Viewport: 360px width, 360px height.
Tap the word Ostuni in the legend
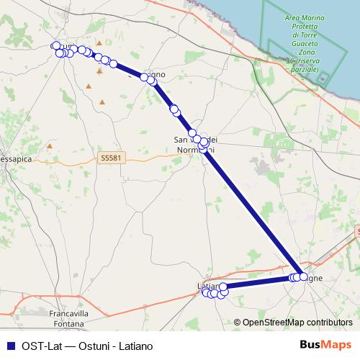[x=89, y=345]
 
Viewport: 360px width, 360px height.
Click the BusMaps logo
[x=325, y=345]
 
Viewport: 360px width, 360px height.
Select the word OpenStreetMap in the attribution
[x=272, y=323]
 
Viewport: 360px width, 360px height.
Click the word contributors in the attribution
[x=329, y=323]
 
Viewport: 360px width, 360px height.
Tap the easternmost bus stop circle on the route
[x=302, y=276]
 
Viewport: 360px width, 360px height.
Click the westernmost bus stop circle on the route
[x=55, y=46]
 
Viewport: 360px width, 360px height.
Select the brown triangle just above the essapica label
[x=50, y=145]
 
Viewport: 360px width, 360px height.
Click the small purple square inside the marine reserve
[x=323, y=78]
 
